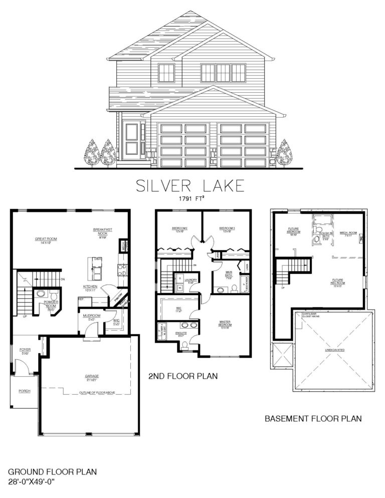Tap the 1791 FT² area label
point(190,198)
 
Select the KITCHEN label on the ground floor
point(90,288)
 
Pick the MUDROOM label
point(92,317)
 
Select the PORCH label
point(24,391)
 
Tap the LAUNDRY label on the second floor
point(191,281)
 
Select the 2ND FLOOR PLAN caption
point(183,375)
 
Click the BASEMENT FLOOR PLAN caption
point(313,417)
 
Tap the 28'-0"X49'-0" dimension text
point(31,481)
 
